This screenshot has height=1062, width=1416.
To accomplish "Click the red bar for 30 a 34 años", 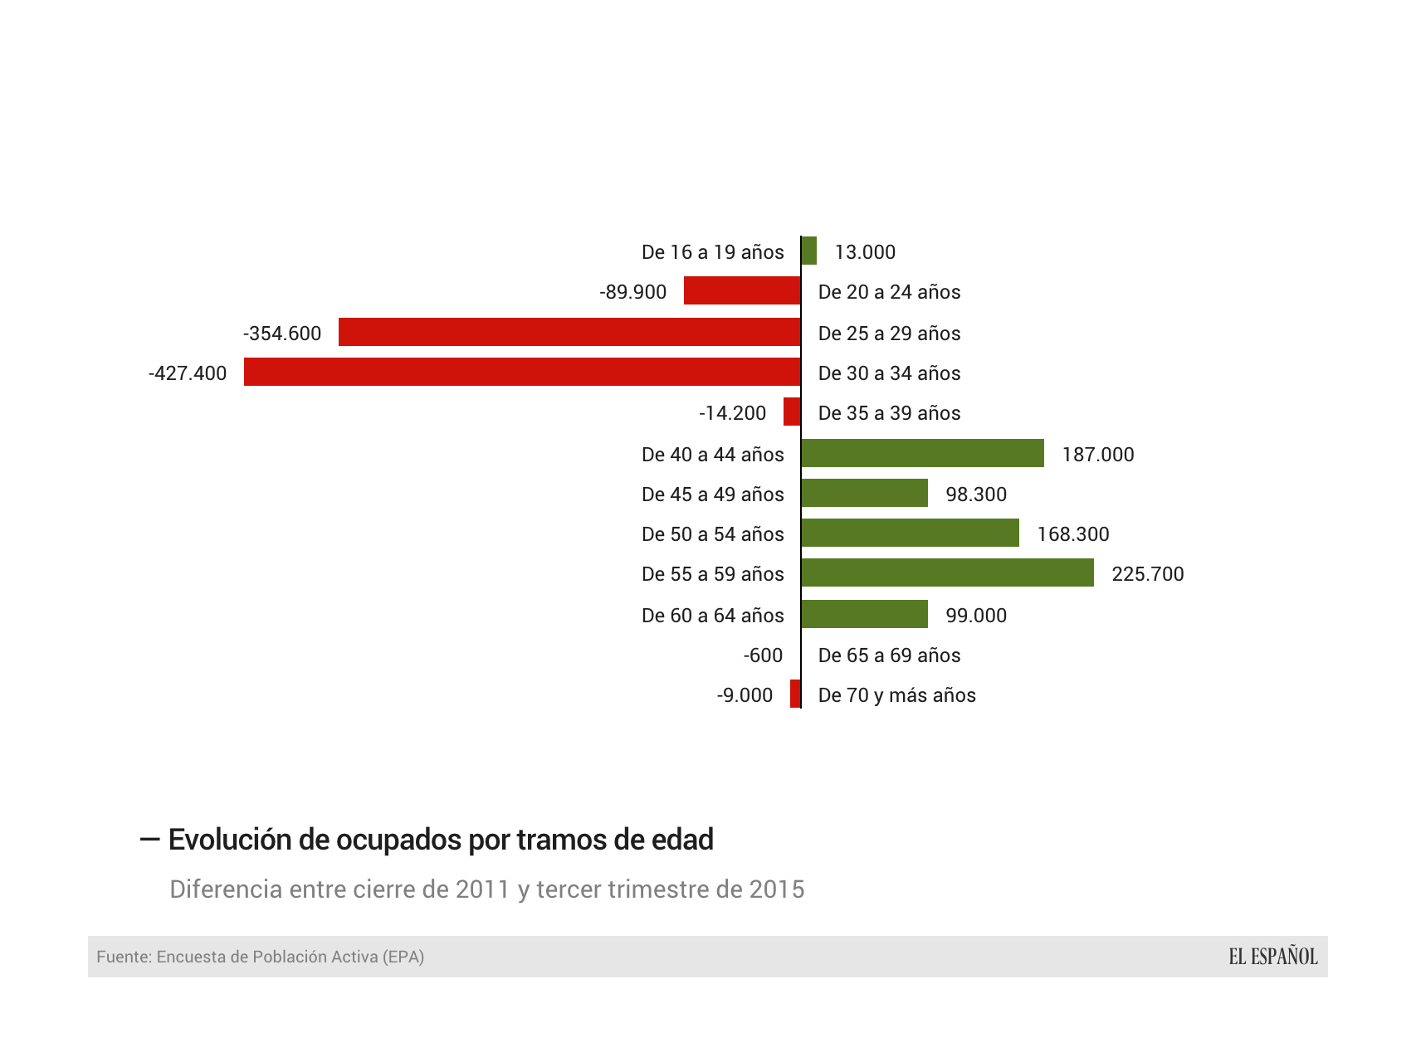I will pos(522,372).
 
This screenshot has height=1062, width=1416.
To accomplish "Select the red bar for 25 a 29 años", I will pos(569,332).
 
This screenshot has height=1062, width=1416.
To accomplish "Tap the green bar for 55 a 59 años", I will pos(947,572).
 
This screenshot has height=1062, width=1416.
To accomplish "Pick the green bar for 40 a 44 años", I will pos(922,453).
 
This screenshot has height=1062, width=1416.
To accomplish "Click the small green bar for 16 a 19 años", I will pos(809,251).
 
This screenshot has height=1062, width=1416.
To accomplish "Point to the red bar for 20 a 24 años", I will pos(742,290).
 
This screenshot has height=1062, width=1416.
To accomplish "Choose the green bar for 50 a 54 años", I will pos(910,533).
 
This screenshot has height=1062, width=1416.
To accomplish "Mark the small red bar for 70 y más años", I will pos(795,694).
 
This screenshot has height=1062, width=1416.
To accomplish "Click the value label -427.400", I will pos(188,373).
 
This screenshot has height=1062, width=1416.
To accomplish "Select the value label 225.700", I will pos(1147,574).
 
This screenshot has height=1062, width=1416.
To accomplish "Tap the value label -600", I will pos(763,655).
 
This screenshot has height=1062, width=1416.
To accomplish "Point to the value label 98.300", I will pos(976,494).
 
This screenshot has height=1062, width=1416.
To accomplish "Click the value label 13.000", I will pos(865,252).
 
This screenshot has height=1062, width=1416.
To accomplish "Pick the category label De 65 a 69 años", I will pos(889,655).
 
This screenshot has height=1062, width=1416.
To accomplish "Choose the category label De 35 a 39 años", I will pos(889,413).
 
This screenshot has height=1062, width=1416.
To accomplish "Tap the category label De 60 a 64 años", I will pos(712,616).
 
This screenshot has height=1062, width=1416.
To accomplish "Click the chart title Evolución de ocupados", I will pos(440,840).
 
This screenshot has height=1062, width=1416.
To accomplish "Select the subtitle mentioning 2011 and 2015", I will pos(486,889).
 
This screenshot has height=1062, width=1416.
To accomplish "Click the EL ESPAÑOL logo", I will pos(1272,957).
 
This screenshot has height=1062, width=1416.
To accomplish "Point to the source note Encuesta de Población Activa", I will pos(261,957).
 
